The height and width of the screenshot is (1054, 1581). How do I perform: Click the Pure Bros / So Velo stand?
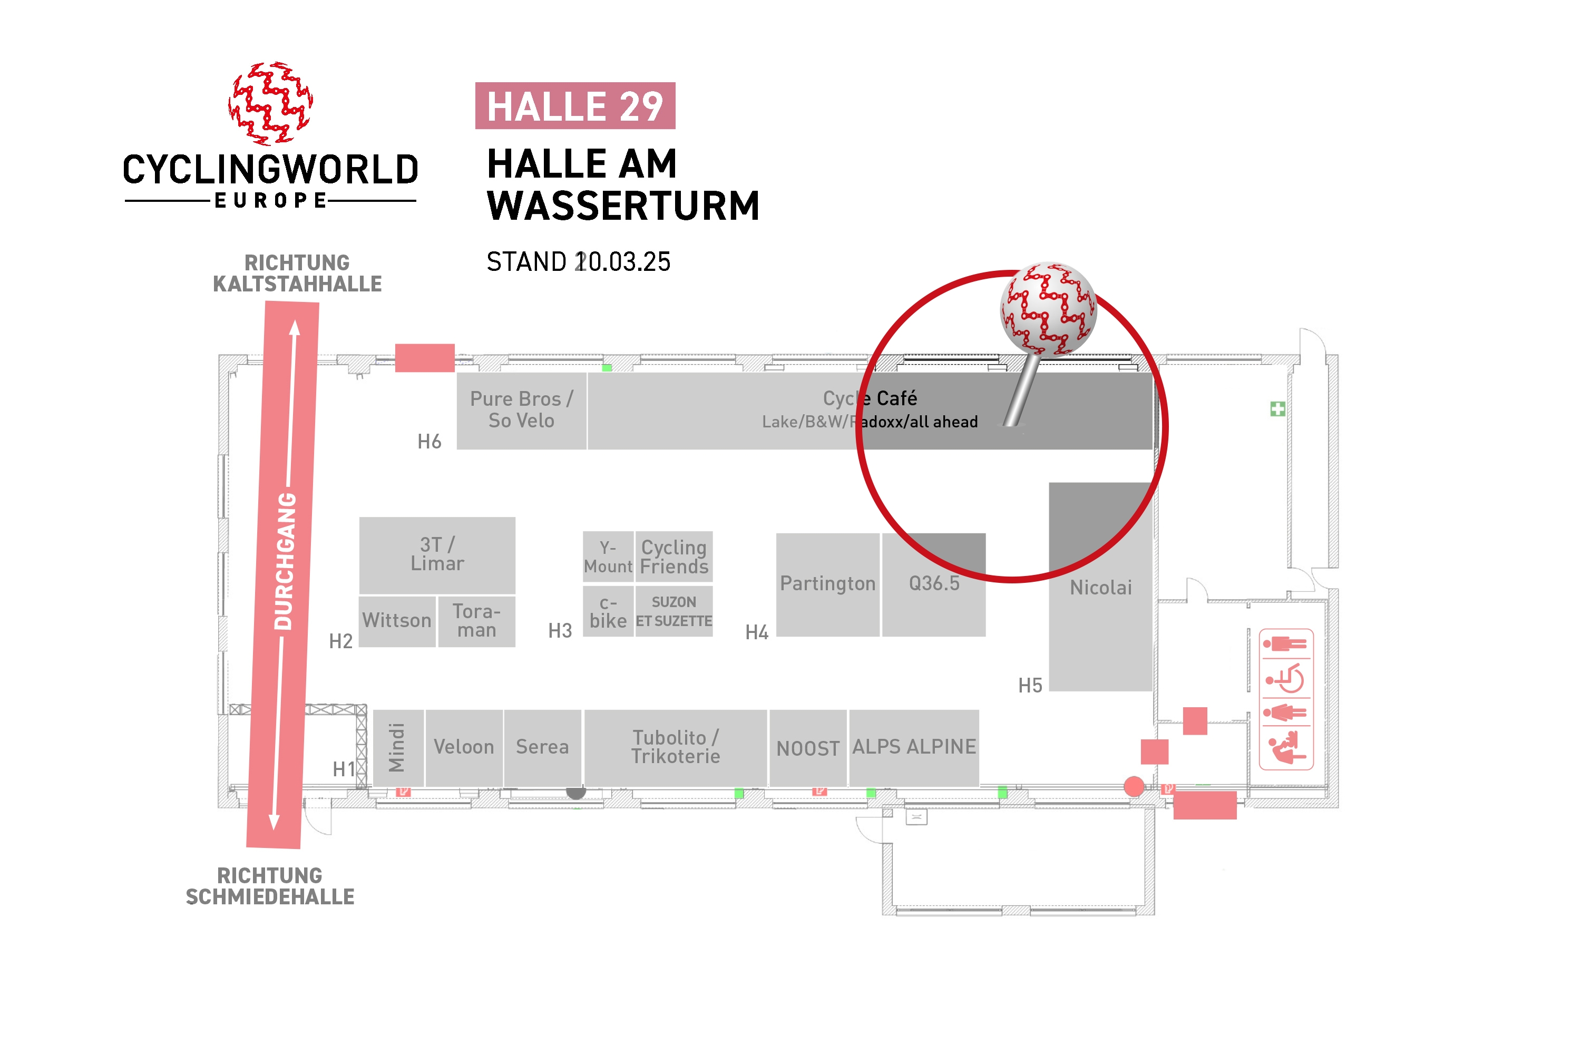[522, 411]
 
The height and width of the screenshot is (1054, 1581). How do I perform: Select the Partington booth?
[827, 584]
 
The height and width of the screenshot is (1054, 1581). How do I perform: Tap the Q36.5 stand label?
[934, 583]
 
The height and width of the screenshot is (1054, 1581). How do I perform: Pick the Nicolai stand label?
[1100, 588]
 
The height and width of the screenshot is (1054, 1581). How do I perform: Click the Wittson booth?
[397, 621]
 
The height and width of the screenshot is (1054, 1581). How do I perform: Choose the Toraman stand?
[476, 621]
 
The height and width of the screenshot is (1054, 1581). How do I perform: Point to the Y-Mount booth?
[608, 557]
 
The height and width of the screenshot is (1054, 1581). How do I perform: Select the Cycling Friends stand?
[674, 557]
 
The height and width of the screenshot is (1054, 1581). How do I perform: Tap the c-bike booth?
[608, 612]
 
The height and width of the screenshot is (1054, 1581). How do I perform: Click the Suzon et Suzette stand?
[674, 612]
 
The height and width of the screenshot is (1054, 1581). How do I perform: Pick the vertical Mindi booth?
[398, 747]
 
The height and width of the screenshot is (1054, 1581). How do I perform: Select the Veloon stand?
[464, 747]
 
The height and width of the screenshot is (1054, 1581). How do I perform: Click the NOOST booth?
[808, 747]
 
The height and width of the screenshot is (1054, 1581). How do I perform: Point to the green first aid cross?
[1278, 409]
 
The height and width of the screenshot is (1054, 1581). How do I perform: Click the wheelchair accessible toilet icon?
[1285, 678]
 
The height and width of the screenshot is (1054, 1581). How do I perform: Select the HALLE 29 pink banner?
[575, 105]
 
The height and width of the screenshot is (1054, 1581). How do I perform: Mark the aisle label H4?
[757, 632]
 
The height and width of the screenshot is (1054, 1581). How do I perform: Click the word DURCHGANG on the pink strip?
[286, 561]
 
